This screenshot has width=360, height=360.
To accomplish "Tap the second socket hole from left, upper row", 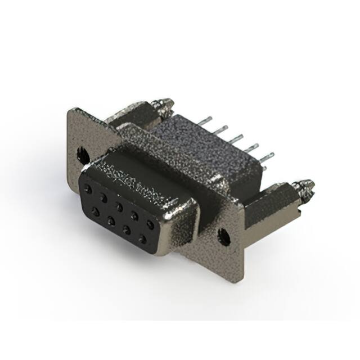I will pyautogui.click(x=104, y=196).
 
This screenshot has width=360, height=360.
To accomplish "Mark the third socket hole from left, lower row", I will pyautogui.click(x=126, y=229).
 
